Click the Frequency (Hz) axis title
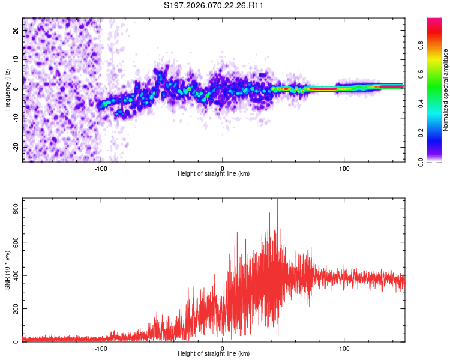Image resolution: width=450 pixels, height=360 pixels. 7,90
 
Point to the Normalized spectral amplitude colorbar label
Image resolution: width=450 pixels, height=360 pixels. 445,90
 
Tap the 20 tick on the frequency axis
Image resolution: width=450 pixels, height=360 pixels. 16,30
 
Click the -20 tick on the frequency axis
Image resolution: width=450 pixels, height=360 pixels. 15,147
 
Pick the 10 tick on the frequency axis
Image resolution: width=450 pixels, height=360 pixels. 16,59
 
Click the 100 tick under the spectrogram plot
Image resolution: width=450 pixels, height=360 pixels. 344,169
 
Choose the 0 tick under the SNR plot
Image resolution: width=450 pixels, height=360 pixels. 223,349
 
